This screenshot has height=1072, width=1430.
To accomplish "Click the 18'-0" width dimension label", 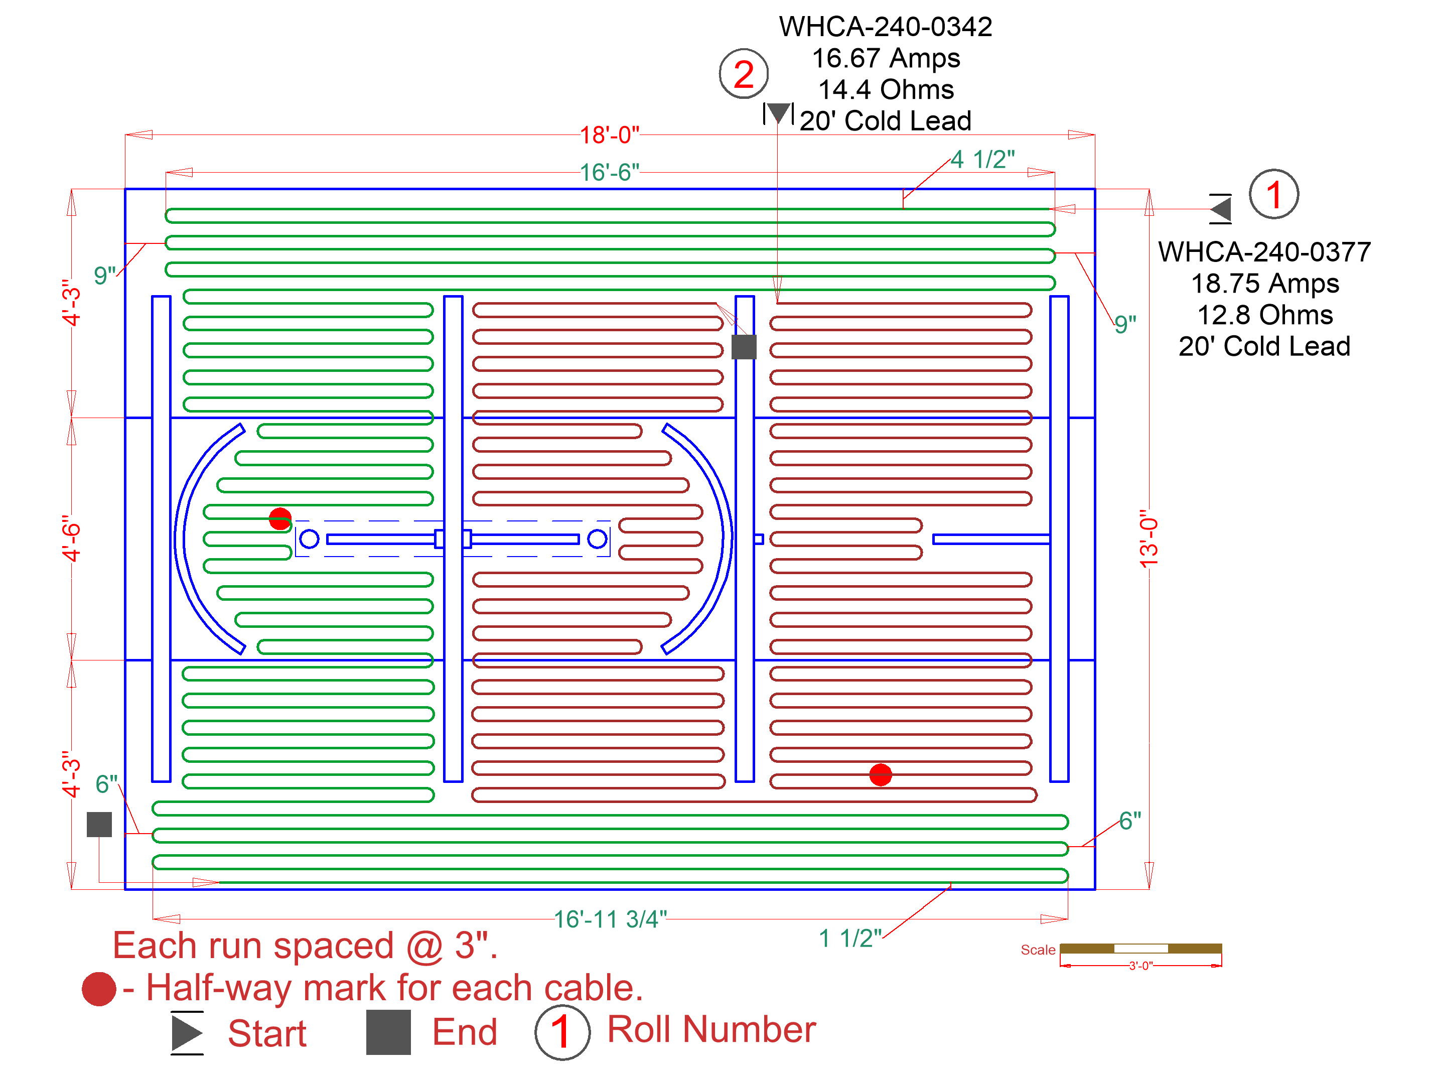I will click(609, 135).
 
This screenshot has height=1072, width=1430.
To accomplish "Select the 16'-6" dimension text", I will click(609, 173).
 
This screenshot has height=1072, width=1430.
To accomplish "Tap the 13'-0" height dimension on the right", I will click(1149, 539).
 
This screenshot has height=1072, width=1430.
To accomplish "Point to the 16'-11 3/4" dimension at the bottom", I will click(610, 919).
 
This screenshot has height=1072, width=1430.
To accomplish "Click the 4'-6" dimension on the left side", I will click(71, 539).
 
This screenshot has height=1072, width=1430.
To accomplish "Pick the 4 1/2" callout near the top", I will click(982, 159).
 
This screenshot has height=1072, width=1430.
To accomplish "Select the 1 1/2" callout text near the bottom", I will click(849, 938).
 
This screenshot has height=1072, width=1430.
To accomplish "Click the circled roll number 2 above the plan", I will click(744, 74).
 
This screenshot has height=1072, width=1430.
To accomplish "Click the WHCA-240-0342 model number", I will click(885, 27).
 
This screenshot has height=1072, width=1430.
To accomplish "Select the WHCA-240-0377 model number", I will click(1264, 251).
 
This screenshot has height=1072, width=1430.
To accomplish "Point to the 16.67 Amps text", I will click(885, 58).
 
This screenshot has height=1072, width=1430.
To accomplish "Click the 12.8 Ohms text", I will click(1264, 315).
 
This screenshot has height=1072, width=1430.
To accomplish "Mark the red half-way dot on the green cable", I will click(280, 518).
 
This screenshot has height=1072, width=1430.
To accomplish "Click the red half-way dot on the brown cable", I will click(881, 774).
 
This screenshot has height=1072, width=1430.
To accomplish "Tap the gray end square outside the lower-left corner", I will click(99, 825).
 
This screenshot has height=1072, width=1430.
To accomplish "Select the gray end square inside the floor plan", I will click(744, 347).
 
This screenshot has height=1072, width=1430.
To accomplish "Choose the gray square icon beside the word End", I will click(388, 1032).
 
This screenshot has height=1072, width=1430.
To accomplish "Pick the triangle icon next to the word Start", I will click(187, 1032).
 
